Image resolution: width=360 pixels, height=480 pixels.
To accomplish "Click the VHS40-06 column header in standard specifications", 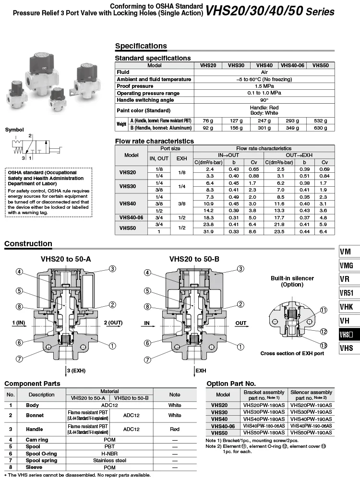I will coord(292,65).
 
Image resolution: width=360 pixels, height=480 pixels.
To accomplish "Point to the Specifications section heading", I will coord(141,46).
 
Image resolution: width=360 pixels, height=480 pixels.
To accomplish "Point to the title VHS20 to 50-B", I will coord(194,259).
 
